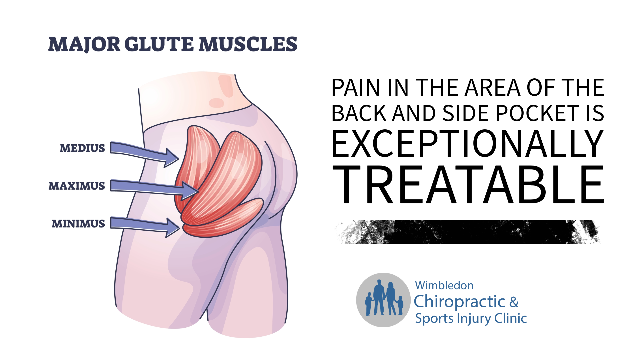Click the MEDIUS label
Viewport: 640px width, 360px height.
(82, 148)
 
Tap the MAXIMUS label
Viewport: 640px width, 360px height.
(77, 186)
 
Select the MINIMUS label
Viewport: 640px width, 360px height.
(78, 224)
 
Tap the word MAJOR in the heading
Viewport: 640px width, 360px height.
(84, 44)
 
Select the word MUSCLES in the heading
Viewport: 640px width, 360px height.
(248, 44)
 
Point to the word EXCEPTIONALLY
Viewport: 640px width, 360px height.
(467, 144)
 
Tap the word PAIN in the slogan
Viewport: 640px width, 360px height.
(356, 88)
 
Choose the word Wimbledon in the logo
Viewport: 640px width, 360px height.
(444, 286)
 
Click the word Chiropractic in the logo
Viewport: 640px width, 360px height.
(459, 302)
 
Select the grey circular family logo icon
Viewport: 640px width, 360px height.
(383, 300)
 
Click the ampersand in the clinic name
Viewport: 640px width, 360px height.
(514, 302)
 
